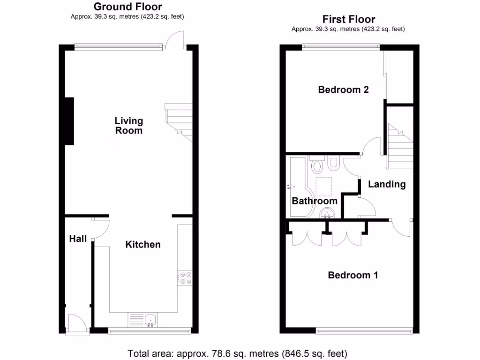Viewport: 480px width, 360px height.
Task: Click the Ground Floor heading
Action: (x=128, y=7)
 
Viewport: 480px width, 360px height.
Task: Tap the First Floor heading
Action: (x=348, y=19)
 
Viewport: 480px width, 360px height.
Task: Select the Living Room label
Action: (x=129, y=126)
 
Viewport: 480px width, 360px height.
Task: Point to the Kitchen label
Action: (x=143, y=244)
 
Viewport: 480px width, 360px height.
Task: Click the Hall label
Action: (x=78, y=239)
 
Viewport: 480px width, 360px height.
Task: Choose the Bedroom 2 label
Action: (x=343, y=90)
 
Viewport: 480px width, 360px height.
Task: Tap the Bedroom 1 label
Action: (x=352, y=275)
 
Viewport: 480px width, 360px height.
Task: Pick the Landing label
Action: (x=387, y=184)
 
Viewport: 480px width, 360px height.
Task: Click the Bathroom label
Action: (x=315, y=201)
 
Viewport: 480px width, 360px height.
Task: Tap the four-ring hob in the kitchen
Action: (x=185, y=278)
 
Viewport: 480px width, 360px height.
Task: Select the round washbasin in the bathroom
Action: (x=326, y=214)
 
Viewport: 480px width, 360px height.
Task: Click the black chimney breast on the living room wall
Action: (x=69, y=121)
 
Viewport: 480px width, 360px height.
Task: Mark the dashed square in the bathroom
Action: (x=324, y=186)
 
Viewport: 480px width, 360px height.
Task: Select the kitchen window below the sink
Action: (x=149, y=331)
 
